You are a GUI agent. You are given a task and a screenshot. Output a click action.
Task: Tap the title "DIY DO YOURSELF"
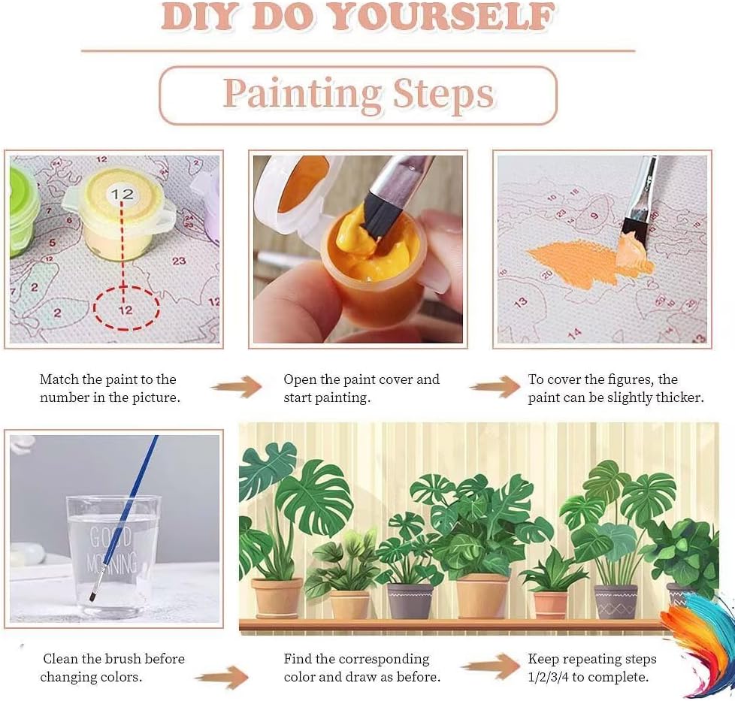tap(358, 17)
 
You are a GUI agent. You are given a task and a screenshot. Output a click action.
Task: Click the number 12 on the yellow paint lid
tap(122, 194)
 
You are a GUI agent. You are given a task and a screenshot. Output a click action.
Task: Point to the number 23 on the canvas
tap(179, 261)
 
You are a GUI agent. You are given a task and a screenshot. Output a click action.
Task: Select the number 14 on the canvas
tap(574, 333)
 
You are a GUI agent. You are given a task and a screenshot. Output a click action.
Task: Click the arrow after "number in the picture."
tap(236, 387)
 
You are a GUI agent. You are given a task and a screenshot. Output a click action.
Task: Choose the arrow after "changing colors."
tap(222, 678)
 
